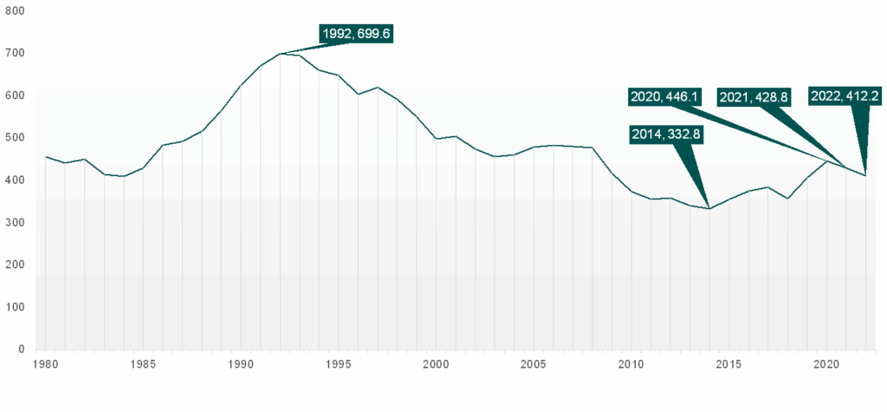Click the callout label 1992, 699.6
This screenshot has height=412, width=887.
click(x=356, y=34)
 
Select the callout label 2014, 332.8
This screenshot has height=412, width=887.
click(x=668, y=134)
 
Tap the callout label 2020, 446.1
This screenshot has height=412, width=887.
click(x=666, y=96)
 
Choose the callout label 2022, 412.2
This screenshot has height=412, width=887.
click(x=845, y=96)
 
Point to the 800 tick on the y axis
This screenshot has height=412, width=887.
click(x=15, y=10)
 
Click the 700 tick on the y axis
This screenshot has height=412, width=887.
click(x=15, y=53)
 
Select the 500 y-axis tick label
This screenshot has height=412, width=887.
click(x=15, y=138)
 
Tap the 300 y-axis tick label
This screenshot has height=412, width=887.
click(x=15, y=223)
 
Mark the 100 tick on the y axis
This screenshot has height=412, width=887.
click(x=15, y=307)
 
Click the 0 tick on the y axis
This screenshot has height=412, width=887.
click(x=20, y=350)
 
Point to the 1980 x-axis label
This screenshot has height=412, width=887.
click(x=45, y=364)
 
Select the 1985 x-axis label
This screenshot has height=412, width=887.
click(x=143, y=364)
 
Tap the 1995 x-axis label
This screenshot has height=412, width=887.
click(x=338, y=364)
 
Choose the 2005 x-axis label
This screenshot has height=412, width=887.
click(x=534, y=364)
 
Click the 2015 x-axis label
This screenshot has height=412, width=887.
click(x=728, y=364)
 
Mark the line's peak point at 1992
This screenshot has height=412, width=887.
click(x=280, y=54)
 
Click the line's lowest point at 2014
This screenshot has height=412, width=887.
click(x=709, y=209)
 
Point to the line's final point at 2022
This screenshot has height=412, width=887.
click(x=865, y=175)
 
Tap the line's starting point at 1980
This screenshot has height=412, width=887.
click(x=45, y=157)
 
